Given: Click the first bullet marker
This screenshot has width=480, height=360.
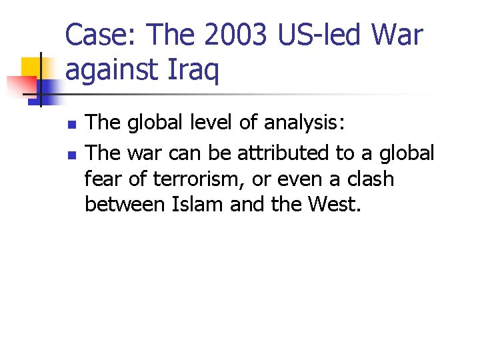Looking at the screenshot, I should coord(73,125).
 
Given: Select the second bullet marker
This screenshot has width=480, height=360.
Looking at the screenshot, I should coord(73,155).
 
